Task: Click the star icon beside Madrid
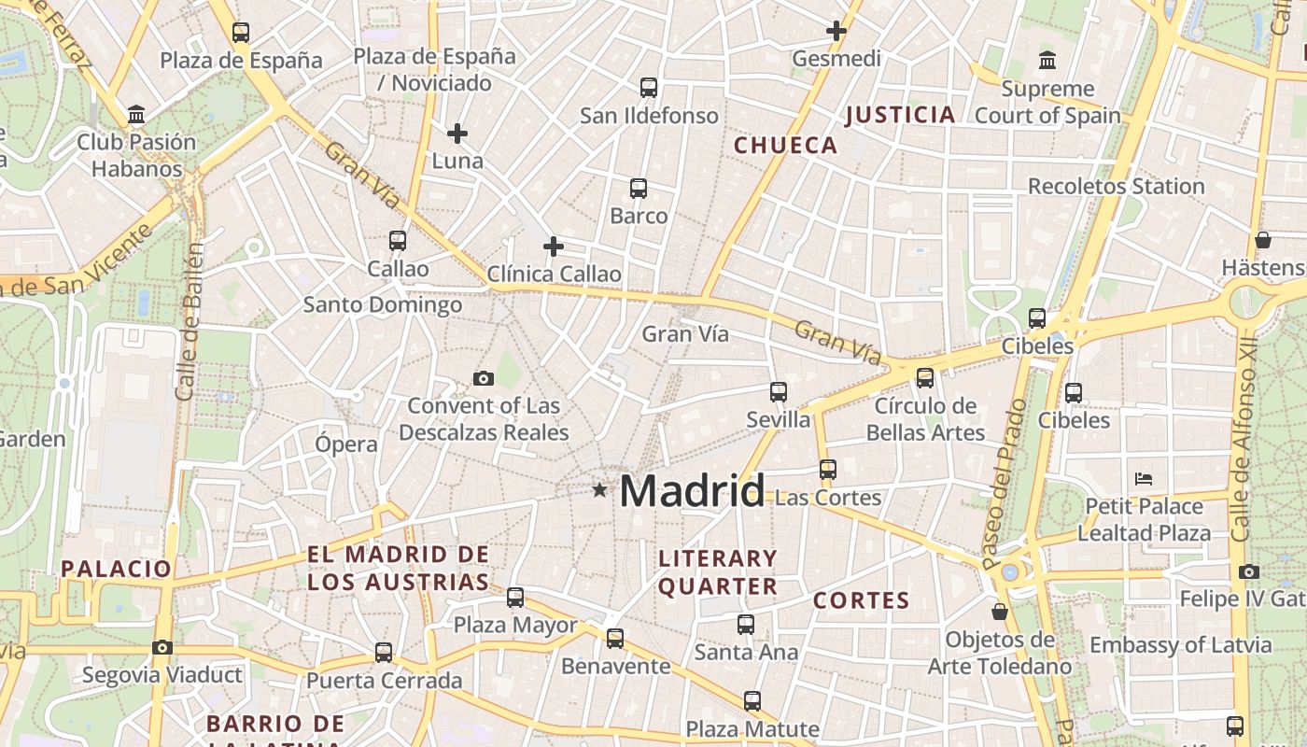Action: [599, 489]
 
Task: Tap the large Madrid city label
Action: [692, 490]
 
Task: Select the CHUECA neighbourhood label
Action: [785, 145]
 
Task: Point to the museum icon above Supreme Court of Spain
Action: [1047, 61]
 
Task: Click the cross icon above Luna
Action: [457, 134]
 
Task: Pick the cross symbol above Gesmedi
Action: [836, 31]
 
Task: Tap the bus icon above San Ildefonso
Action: [649, 88]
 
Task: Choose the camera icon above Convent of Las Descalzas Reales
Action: [483, 378]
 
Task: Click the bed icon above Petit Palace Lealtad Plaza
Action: [1144, 479]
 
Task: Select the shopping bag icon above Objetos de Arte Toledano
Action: [1000, 612]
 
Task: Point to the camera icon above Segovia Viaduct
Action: [162, 647]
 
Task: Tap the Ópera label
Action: [345, 444]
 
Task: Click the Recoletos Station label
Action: [1116, 186]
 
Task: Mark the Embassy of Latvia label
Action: [1180, 644]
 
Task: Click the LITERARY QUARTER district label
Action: [718, 572]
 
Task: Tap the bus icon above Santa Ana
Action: [745, 625]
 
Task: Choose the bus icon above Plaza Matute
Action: [752, 700]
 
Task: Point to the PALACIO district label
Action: [117, 569]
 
